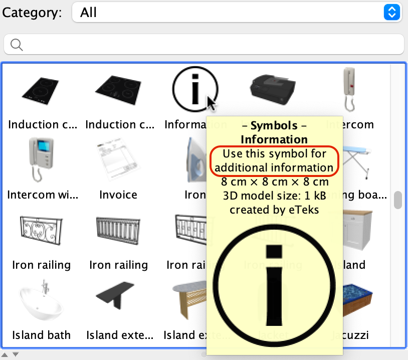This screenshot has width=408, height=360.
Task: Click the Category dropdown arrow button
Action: click(x=391, y=13)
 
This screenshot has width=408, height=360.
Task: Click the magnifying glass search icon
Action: click(x=17, y=45)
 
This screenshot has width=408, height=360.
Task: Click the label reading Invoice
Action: click(x=118, y=195)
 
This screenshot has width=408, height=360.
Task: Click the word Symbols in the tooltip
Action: click(x=274, y=125)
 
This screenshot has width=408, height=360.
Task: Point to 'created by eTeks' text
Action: click(x=274, y=210)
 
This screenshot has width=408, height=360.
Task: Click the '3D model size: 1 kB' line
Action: click(x=274, y=196)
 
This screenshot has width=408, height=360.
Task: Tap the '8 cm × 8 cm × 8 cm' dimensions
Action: click(x=274, y=182)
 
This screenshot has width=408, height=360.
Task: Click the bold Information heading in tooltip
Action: click(x=274, y=139)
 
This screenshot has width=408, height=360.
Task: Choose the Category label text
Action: click(x=32, y=13)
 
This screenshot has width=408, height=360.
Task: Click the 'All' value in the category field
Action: click(x=89, y=13)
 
